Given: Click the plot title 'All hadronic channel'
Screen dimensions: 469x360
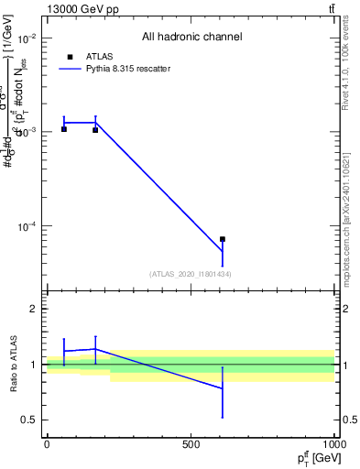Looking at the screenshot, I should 191,38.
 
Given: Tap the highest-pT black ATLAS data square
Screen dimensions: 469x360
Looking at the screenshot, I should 223,239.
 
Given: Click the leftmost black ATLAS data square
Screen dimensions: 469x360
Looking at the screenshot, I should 64,129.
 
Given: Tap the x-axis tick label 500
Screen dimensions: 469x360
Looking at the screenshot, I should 191,444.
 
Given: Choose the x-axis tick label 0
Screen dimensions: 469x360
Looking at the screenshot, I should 47,444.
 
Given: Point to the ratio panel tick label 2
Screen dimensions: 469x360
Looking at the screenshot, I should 34,310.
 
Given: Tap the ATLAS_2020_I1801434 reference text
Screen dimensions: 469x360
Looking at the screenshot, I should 191,274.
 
